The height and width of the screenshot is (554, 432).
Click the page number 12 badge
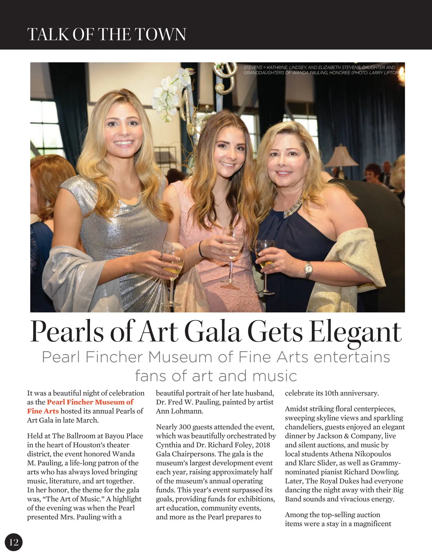tap(14, 542)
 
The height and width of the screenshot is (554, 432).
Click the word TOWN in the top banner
tap(161, 35)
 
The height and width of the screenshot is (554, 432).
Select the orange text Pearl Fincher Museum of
tap(90, 402)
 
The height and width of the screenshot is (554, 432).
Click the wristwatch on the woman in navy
tap(309, 269)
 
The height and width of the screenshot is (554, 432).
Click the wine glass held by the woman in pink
tap(233, 249)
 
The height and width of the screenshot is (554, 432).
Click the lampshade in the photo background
tap(341, 156)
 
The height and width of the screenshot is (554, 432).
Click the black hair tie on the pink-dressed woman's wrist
tap(200, 249)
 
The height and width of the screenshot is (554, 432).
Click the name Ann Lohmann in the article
tap(179, 411)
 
